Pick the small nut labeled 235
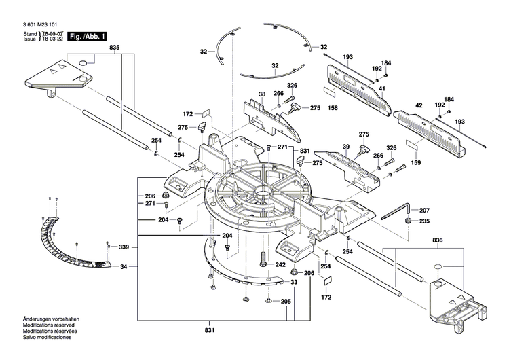click(x=409, y=221)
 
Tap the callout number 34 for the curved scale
click(x=124, y=267)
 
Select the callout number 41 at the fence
click(x=382, y=89)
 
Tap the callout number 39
click(x=346, y=147)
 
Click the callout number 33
click(x=294, y=282)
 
